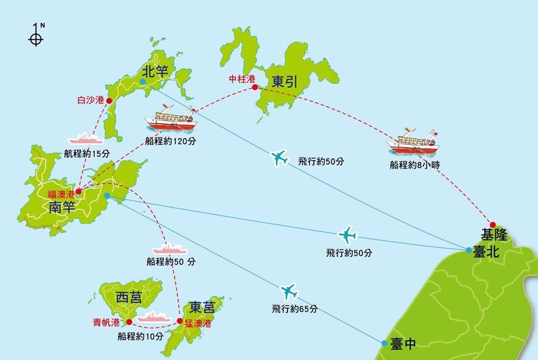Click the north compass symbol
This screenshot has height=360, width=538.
click(x=36, y=37)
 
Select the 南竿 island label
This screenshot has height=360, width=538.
click(x=62, y=209)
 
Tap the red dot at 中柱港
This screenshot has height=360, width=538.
click(x=255, y=87)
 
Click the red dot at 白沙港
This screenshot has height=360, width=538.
click(x=109, y=101)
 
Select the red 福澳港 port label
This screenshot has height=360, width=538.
click(x=61, y=194)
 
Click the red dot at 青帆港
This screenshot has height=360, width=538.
click(x=129, y=322)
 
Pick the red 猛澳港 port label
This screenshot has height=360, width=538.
click(x=198, y=324)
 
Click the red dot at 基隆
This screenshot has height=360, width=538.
click(x=493, y=224)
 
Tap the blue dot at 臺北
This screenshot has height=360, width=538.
click(x=469, y=250)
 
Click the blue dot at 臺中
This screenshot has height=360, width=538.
click(x=384, y=343)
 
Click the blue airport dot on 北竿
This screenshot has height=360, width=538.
click(x=143, y=81)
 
